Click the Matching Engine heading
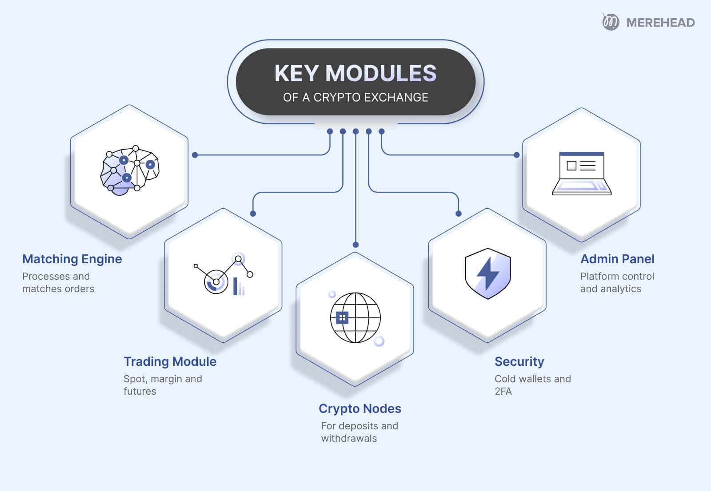click(x=72, y=259)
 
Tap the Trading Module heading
click(x=170, y=361)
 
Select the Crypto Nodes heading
click(x=360, y=408)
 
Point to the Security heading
click(x=519, y=361)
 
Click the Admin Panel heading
click(x=617, y=259)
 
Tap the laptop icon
click(x=582, y=174)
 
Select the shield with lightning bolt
click(x=487, y=273)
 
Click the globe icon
click(x=355, y=317)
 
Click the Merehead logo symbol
click(x=611, y=22)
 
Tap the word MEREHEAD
click(x=660, y=23)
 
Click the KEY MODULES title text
click(x=355, y=73)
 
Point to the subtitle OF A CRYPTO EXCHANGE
click(x=355, y=98)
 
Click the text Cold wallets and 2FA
click(x=532, y=385)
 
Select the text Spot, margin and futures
click(x=163, y=385)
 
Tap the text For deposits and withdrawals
click(x=359, y=432)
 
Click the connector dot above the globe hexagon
click(x=355, y=245)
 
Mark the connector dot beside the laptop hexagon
click(x=516, y=155)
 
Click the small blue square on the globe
click(x=342, y=318)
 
